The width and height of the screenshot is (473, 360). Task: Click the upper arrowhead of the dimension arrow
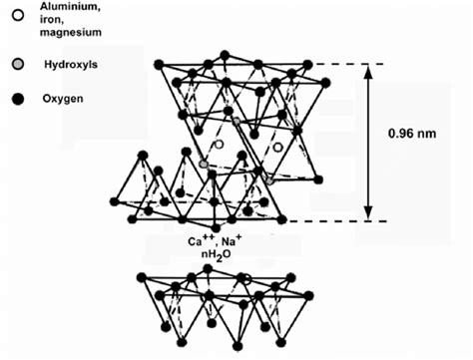point(370,71)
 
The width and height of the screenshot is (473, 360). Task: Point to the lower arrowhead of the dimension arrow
point(370,214)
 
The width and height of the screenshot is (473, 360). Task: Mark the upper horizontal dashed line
point(329,65)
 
